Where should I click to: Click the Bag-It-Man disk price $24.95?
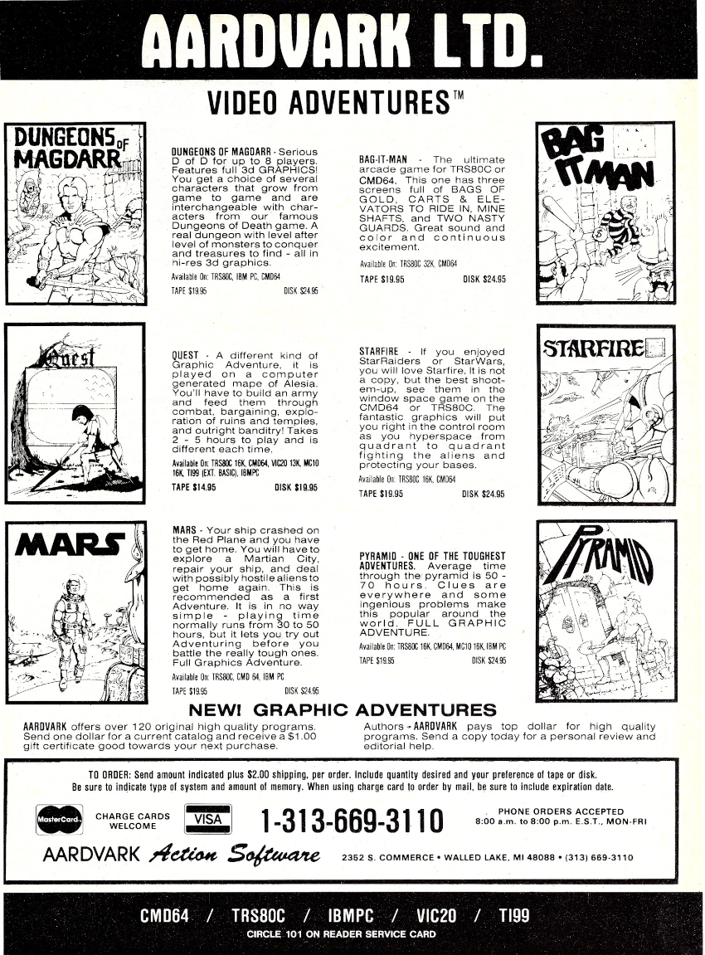click(484, 279)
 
